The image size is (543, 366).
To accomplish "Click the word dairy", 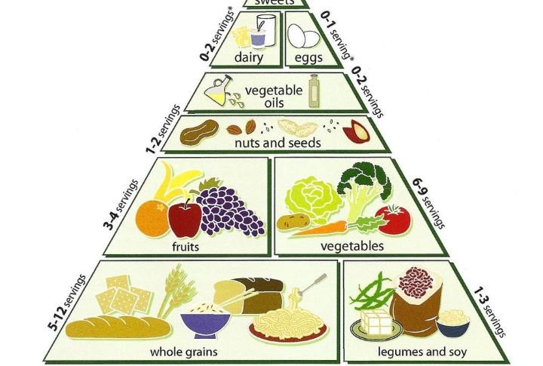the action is [x=249, y=57].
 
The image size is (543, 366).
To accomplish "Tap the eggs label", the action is [x=308, y=57].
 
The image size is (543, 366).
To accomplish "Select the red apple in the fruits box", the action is [x=185, y=218].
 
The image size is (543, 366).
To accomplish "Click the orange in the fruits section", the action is [x=152, y=219].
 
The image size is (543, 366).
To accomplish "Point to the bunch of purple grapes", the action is [x=229, y=210].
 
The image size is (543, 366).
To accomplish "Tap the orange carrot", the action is [x=318, y=229].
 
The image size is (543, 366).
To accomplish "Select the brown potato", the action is [x=293, y=222].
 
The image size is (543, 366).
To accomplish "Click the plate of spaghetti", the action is [x=288, y=325].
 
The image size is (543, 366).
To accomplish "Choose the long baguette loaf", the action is [x=118, y=327].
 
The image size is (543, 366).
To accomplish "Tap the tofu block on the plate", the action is [x=376, y=321].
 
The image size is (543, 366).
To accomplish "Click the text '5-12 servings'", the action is [x=67, y=302].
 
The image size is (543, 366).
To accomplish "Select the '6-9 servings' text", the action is [x=428, y=203].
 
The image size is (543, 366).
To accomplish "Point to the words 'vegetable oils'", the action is [x=274, y=97].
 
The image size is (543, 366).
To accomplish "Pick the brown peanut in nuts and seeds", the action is [x=199, y=132].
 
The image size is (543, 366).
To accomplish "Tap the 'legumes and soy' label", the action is [x=422, y=352].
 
